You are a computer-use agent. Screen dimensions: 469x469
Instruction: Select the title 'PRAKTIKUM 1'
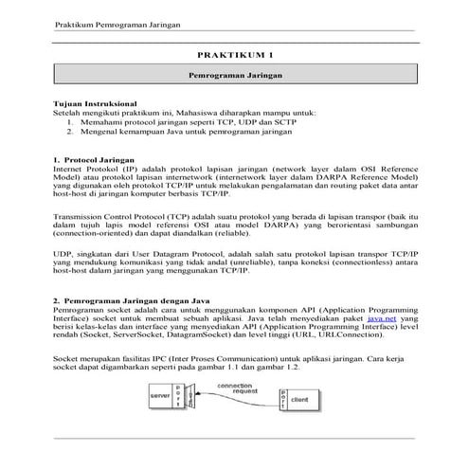[234, 55]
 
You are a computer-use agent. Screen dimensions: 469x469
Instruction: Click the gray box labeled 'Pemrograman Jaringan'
[234, 73]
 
